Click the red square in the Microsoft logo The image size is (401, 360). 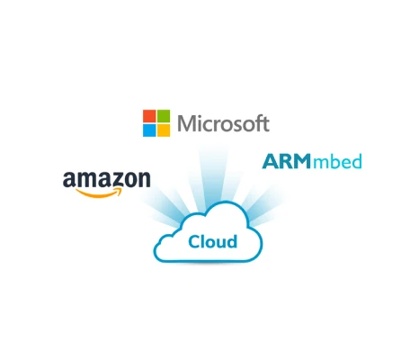(149, 116)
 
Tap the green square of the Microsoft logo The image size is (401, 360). (164, 116)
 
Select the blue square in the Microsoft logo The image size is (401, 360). (149, 130)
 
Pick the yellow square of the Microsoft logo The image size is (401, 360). (164, 130)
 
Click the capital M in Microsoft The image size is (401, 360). (186, 123)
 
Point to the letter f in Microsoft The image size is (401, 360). (258, 122)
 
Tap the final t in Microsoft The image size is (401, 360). (265, 124)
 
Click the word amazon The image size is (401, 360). (107, 179)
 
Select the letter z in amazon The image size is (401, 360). (117, 180)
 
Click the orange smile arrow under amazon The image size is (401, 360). (99, 193)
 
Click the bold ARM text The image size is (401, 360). (287, 161)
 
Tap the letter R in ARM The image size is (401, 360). (286, 161)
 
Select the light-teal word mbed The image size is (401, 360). (337, 161)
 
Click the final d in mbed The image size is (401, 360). (356, 161)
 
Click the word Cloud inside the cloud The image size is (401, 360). (213, 241)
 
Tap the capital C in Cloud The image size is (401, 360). (194, 242)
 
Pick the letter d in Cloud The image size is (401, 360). (232, 241)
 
